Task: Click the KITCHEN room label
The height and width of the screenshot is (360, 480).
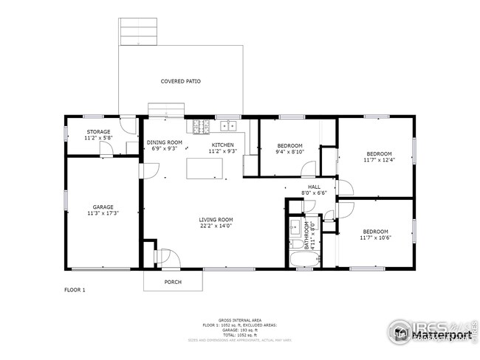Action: click(223, 145)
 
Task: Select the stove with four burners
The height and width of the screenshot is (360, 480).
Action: click(199, 126)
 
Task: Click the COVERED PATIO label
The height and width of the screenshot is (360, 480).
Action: click(181, 81)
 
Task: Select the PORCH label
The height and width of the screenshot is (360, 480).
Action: click(173, 282)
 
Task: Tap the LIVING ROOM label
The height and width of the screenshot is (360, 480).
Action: click(216, 220)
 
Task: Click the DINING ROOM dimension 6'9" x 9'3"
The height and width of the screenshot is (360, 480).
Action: click(164, 149)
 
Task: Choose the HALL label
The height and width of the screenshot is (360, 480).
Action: click(314, 187)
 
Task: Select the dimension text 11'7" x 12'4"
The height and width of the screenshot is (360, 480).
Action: click(376, 159)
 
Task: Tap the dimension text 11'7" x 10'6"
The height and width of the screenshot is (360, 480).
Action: click(376, 238)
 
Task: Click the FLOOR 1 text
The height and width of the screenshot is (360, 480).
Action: click(75, 290)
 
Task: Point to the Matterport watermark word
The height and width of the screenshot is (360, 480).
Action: click(441, 336)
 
